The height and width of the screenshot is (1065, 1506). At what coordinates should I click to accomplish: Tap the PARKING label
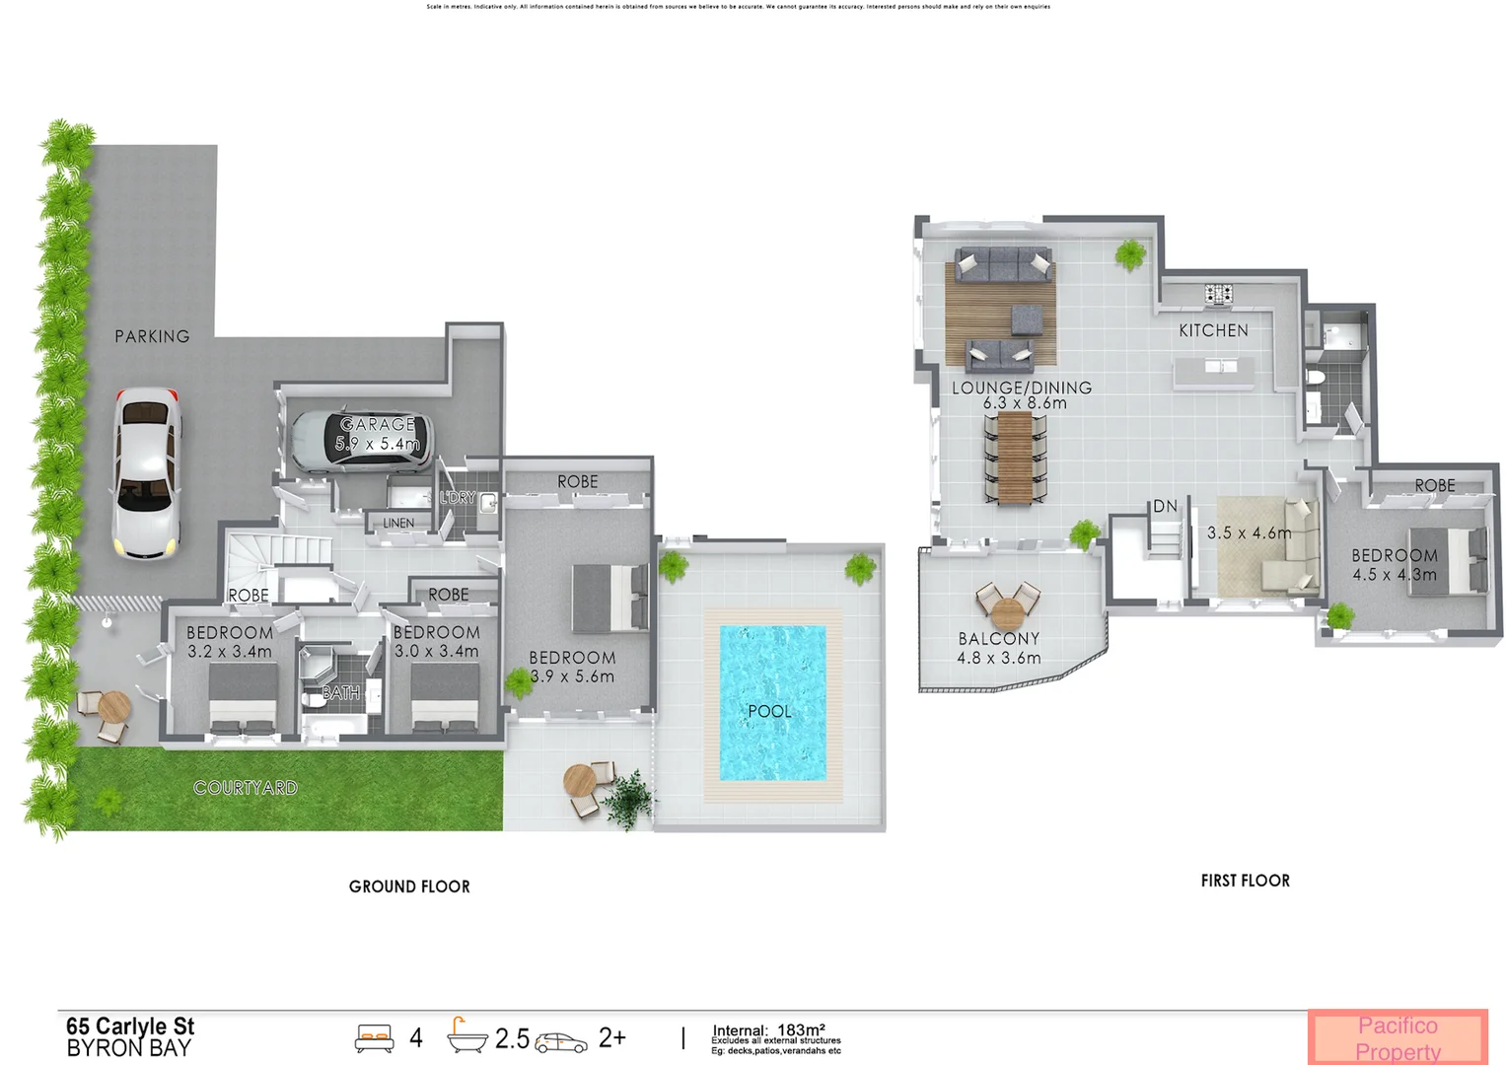click(x=152, y=337)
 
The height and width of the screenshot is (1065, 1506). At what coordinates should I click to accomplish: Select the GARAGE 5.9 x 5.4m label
click(x=378, y=434)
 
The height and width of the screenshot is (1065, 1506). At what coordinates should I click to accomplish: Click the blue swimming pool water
click(x=772, y=702)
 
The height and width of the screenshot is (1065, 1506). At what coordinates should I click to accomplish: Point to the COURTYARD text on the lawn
click(x=245, y=788)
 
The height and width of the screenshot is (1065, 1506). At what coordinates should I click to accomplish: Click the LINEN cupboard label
click(x=398, y=524)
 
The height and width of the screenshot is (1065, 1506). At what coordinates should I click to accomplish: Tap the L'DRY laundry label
click(x=458, y=498)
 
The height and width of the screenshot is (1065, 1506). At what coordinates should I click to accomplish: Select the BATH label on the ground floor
click(x=341, y=693)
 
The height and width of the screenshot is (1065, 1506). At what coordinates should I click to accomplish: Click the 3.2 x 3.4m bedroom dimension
click(x=230, y=652)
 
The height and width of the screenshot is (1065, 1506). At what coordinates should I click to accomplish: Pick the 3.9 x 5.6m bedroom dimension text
click(x=572, y=676)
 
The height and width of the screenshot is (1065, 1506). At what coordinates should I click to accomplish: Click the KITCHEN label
click(x=1213, y=331)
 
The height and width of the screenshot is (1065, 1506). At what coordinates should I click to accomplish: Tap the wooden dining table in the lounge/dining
click(x=1014, y=458)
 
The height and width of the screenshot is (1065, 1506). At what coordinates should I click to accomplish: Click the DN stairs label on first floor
click(x=1165, y=506)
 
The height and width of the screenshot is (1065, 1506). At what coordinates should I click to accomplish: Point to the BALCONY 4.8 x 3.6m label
click(x=999, y=649)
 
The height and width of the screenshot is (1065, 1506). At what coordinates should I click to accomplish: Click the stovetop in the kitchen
click(x=1218, y=293)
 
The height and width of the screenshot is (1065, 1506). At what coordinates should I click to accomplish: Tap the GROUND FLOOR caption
click(x=409, y=887)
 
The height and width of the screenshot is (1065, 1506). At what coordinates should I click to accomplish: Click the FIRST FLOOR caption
click(x=1245, y=881)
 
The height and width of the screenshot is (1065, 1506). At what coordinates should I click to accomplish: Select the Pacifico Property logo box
click(x=1398, y=1037)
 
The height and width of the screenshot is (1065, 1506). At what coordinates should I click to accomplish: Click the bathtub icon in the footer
click(x=466, y=1036)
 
